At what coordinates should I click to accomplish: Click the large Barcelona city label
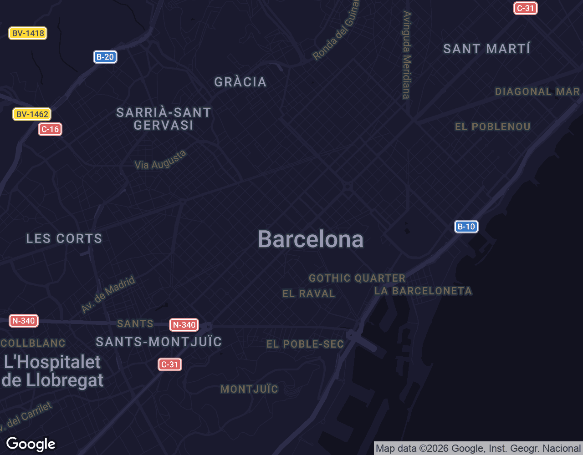(x=311, y=239)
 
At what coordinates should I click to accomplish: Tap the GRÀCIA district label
(x=240, y=82)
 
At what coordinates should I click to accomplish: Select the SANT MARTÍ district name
(x=486, y=49)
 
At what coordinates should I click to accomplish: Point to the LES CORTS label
(x=64, y=238)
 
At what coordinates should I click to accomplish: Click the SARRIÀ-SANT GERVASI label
(x=164, y=119)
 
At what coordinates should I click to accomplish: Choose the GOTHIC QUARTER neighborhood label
(x=357, y=278)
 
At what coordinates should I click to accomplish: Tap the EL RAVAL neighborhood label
(x=309, y=293)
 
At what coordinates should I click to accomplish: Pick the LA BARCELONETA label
(x=423, y=291)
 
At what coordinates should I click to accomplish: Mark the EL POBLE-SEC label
(x=305, y=344)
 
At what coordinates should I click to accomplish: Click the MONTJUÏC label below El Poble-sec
(x=249, y=389)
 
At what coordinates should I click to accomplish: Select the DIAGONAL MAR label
(x=537, y=91)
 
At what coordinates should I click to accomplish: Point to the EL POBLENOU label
(x=493, y=126)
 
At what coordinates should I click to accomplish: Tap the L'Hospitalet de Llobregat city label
(x=53, y=371)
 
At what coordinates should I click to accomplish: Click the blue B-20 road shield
(x=105, y=57)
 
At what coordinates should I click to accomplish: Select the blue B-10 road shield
(x=466, y=227)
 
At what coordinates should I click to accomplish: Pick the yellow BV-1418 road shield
(x=28, y=33)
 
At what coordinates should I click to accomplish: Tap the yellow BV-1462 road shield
(x=32, y=114)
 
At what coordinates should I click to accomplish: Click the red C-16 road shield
(x=50, y=129)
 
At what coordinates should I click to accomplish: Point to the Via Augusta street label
(x=160, y=160)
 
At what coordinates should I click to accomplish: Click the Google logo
(x=31, y=444)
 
